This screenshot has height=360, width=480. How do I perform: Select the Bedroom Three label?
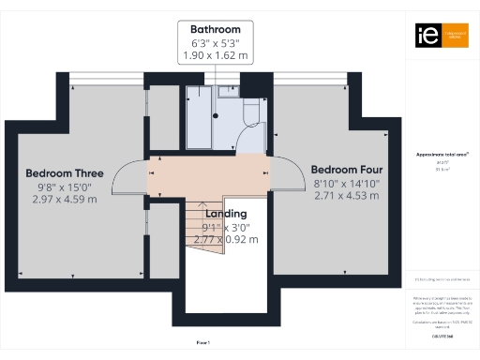point(64,173)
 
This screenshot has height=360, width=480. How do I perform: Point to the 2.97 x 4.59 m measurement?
point(64,199)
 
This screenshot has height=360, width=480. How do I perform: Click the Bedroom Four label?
point(346,170)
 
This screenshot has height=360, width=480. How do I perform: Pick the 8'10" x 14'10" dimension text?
point(346,185)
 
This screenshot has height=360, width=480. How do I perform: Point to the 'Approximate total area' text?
point(435,154)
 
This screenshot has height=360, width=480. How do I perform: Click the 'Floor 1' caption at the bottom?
point(202,343)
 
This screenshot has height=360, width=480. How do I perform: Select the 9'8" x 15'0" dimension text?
point(64,187)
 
